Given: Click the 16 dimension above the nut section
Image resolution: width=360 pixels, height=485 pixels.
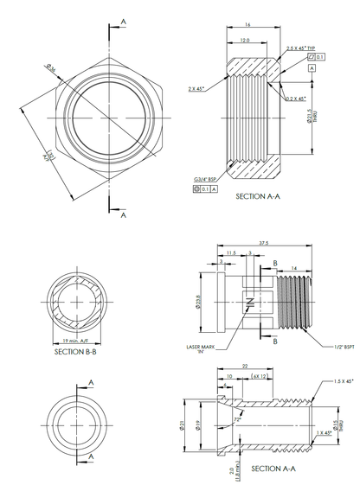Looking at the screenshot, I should (x=247, y=25).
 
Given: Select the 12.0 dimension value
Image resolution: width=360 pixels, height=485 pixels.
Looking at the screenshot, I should (x=245, y=40).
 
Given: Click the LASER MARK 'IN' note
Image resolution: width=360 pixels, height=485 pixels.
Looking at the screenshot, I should (x=202, y=349).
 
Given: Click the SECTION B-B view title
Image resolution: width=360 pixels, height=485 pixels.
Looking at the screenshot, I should (x=80, y=352).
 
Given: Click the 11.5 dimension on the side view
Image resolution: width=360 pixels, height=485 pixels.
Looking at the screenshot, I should (x=231, y=252).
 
